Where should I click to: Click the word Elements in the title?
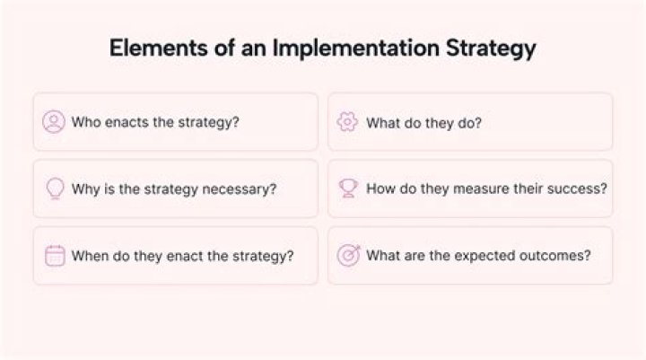(159, 48)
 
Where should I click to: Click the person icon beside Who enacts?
(54, 122)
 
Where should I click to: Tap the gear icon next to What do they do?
(347, 122)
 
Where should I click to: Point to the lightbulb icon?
(56, 189)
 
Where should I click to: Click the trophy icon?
(348, 188)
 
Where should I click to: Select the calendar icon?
(55, 256)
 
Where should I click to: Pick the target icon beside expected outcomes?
(348, 255)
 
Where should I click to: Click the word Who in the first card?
(86, 122)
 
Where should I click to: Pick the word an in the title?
(253, 48)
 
